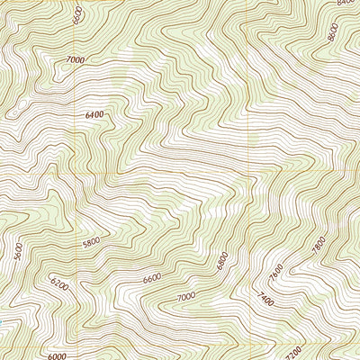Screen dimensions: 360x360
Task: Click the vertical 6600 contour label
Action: (78, 15)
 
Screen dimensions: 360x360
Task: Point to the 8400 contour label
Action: (347, 3)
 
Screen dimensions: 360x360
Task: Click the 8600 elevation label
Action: (332, 33)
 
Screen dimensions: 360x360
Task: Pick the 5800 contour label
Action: (93, 243)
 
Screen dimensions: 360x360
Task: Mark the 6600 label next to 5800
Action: (152, 278)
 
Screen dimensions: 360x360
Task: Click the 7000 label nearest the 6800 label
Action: (186, 297)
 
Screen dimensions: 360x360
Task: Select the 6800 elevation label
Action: (223, 260)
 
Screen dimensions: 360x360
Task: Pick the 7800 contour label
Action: (318, 244)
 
